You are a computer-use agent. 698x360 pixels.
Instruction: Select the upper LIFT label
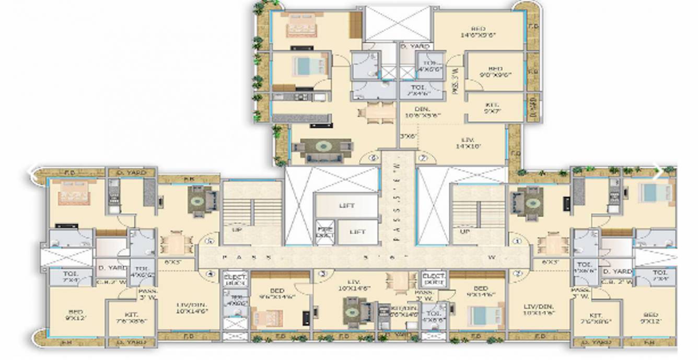(x=346, y=205)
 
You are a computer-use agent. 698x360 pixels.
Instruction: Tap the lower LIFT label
(x=357, y=231)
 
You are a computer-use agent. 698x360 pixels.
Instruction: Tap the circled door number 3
(x=323, y=273)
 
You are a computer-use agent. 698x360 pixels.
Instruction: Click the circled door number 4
(x=210, y=273)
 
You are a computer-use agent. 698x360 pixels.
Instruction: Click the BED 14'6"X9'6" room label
(x=478, y=31)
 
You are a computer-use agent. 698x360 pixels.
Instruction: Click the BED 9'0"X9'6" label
(x=494, y=72)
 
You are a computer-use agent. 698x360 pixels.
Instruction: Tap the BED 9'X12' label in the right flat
(x=650, y=318)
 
